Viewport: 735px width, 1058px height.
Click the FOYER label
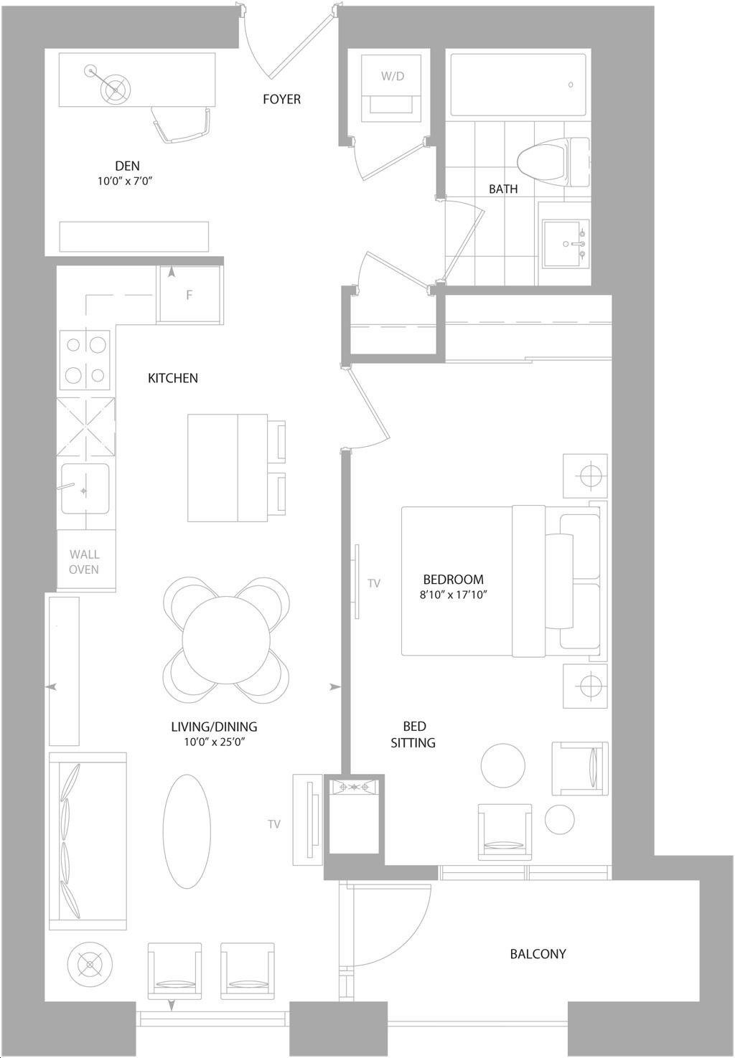point(281,99)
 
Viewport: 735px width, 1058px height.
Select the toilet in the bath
point(553,162)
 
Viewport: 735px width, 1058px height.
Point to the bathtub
point(518,85)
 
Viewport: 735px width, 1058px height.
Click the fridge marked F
point(189,295)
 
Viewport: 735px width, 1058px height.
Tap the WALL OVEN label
point(84,562)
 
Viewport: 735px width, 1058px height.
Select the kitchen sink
point(85,488)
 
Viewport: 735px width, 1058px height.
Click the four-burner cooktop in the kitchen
point(85,360)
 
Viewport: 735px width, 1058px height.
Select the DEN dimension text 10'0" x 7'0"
point(127,181)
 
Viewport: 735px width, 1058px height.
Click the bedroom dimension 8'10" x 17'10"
point(454,595)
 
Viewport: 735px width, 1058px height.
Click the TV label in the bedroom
point(374,584)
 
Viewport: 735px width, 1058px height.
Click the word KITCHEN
point(173,378)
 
